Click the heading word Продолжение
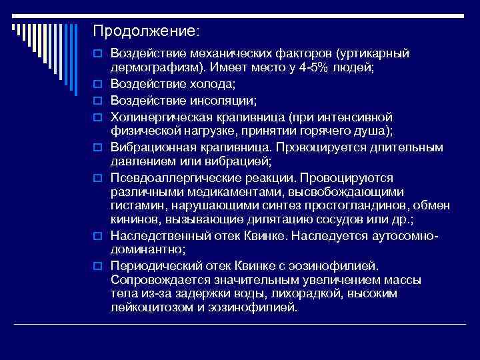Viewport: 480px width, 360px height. pyautogui.click(x=144, y=31)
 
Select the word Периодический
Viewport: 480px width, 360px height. pyautogui.click(x=150, y=265)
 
